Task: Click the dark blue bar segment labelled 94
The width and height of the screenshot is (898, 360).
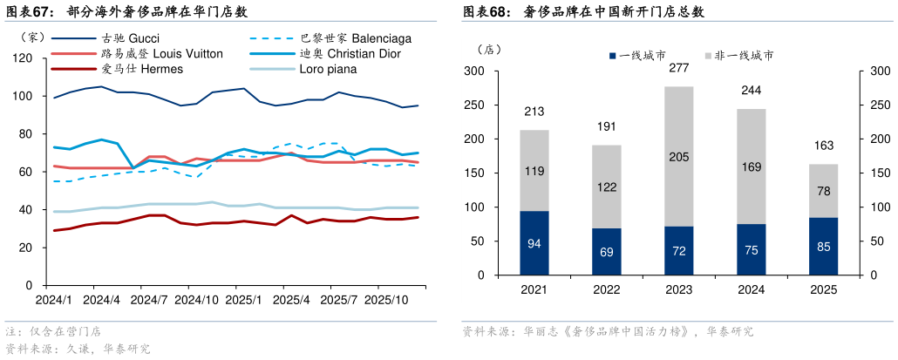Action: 534,243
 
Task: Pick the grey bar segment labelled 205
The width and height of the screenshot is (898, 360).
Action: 679,157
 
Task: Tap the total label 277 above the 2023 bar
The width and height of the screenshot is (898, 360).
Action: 679,68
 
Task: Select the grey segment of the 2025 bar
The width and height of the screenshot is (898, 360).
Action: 824,191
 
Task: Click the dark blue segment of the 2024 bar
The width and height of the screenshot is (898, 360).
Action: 752,249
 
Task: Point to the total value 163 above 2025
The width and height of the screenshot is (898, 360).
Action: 824,146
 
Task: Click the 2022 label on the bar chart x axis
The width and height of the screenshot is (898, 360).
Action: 607,290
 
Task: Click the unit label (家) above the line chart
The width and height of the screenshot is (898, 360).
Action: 28,37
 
